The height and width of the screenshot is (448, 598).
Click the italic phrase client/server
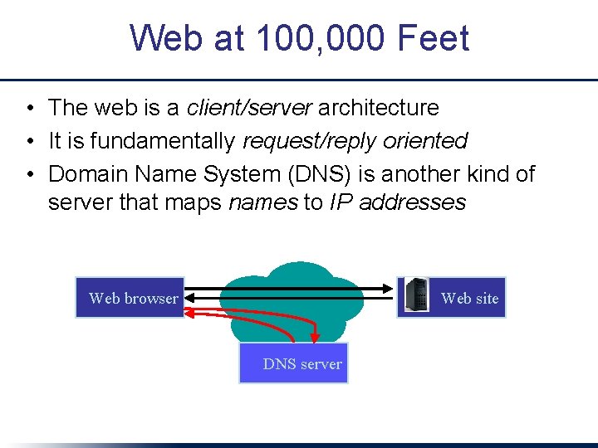coord(249,107)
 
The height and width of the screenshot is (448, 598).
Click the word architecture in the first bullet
coord(379,107)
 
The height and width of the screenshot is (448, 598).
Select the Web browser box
coord(130,298)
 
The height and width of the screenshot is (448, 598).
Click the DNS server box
coord(294,363)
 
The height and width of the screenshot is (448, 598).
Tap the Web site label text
coord(469,298)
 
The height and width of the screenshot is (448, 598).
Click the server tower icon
coord(416,296)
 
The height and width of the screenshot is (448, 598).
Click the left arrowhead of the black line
coord(190,290)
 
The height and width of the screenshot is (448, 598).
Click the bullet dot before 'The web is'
coord(29,108)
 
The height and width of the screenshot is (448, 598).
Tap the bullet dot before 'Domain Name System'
coord(29,175)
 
